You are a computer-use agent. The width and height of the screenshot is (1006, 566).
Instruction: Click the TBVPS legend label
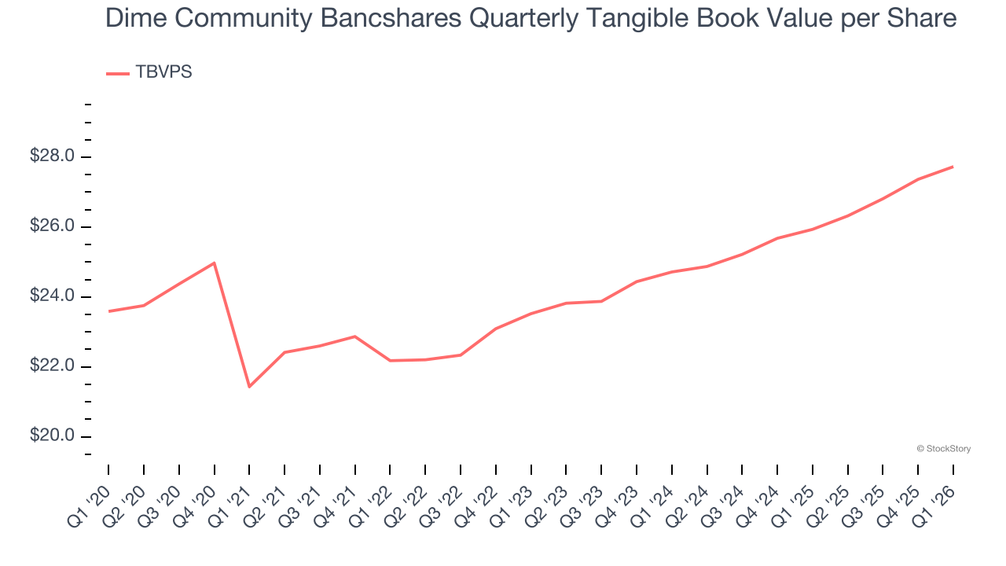(x=163, y=72)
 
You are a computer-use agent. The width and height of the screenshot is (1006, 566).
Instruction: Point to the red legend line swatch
(x=117, y=74)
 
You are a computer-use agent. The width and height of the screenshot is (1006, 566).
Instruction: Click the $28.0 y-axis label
(x=53, y=156)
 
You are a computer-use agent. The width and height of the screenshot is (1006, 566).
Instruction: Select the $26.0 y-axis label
(x=53, y=226)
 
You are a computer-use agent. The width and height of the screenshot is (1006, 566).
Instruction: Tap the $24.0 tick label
(x=53, y=296)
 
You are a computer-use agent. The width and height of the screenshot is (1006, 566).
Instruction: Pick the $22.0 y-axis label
(x=53, y=366)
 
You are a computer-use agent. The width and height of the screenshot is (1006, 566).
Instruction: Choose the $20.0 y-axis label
(x=53, y=436)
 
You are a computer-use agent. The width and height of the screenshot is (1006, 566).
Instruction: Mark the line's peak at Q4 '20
(x=215, y=263)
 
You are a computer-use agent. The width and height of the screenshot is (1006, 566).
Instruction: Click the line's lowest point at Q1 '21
(x=249, y=387)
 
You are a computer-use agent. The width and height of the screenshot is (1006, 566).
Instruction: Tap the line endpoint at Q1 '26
(x=953, y=167)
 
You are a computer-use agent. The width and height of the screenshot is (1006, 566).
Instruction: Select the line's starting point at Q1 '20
(x=108, y=311)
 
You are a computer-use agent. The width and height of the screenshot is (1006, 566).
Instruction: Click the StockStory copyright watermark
(x=943, y=449)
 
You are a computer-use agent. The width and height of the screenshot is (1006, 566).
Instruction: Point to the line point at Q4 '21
(x=355, y=336)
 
